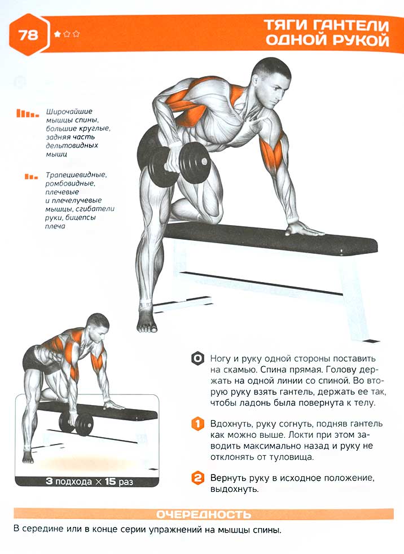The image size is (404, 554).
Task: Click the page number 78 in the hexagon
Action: point(28,34)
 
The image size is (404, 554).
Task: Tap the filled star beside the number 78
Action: point(57,34)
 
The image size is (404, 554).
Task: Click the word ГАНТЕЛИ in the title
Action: point(352,25)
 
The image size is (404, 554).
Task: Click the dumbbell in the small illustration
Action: point(76,423)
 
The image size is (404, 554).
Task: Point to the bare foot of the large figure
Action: point(147,323)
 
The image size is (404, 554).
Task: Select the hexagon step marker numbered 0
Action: point(197,359)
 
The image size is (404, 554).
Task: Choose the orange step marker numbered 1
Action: point(197,424)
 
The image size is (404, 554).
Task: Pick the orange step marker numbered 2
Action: point(197,478)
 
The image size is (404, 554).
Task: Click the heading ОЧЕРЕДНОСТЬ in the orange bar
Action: point(204,515)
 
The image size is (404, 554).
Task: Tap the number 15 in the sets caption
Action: point(110,481)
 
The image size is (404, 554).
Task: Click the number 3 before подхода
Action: point(49,481)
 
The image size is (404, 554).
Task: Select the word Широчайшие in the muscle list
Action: point(69,112)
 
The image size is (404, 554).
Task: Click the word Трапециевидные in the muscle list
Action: point(76,175)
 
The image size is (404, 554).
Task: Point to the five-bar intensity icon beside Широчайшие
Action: point(27,113)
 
